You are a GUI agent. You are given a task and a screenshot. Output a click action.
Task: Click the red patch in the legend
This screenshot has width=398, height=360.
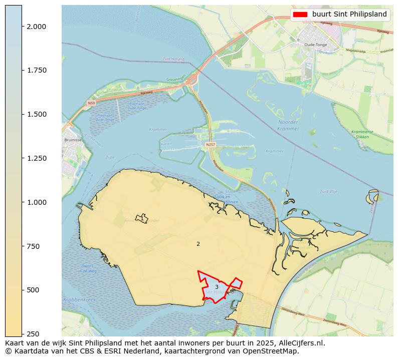[x=300, y=15]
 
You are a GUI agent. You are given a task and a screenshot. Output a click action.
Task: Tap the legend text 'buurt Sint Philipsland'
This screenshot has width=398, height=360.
[x=349, y=15]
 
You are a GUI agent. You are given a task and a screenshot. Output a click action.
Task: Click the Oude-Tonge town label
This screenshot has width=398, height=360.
[x=315, y=45]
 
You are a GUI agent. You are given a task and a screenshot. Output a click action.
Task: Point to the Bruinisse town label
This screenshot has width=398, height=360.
[x=73, y=140]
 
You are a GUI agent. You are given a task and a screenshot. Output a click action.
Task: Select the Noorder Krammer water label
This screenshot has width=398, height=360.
[x=288, y=125]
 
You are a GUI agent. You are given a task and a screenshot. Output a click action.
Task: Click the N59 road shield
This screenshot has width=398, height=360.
[x=91, y=103]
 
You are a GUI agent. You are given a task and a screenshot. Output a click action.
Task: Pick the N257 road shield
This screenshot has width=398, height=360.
[x=211, y=145]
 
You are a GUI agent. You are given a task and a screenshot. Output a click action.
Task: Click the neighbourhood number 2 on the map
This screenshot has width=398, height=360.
[x=198, y=244]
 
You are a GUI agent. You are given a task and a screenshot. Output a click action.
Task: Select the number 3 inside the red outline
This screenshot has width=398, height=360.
[x=217, y=287]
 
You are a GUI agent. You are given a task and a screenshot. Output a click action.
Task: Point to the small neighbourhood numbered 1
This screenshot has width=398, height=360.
[x=142, y=219]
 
